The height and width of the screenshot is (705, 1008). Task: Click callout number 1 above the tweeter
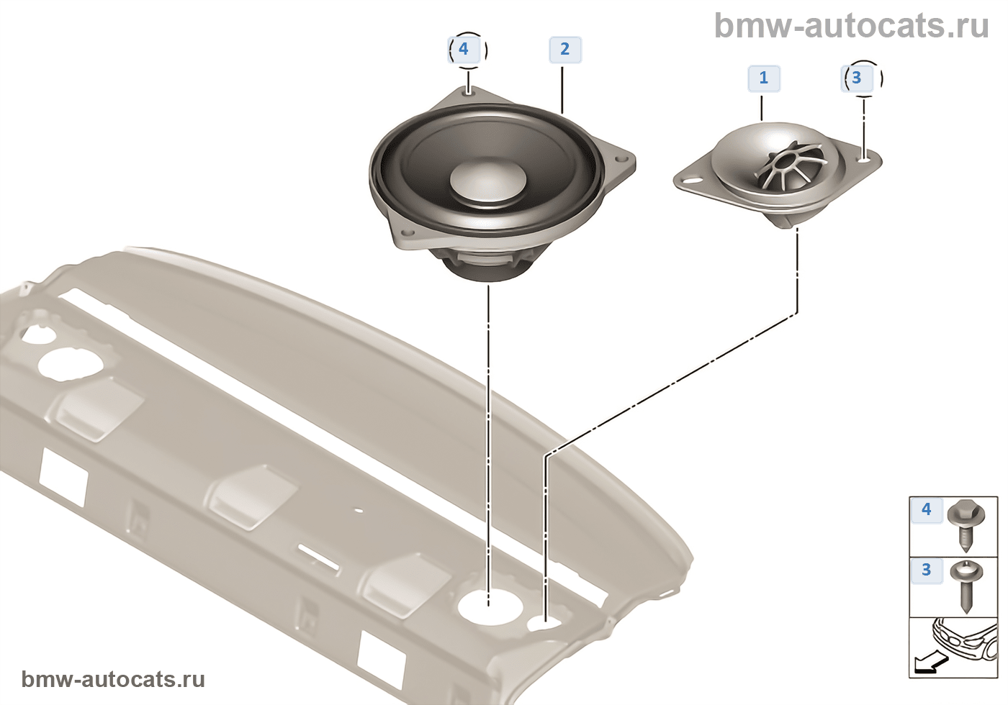[763, 78]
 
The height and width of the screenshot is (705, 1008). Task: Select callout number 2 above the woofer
[564, 50]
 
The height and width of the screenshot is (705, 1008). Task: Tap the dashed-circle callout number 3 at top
[857, 78]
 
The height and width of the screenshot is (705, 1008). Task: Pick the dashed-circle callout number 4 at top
[464, 50]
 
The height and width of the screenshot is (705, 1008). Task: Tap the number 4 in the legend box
[926, 510]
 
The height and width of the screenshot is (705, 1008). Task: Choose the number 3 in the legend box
[926, 570]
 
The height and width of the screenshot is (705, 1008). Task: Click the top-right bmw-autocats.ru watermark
[851, 26]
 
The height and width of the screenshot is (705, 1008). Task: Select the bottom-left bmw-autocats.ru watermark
[113, 679]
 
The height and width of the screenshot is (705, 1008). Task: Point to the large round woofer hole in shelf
[489, 605]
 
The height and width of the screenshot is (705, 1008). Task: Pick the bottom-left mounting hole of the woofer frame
[408, 234]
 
